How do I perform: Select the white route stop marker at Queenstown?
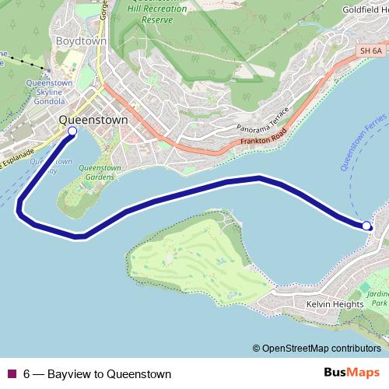pyautogui.click(x=72, y=131)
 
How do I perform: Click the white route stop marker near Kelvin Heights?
pyautogui.click(x=366, y=226)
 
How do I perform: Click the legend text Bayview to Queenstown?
pyautogui.click(x=97, y=373)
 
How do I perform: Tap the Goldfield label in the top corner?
pyautogui.click(x=365, y=10)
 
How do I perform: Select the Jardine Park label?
pyautogui.click(x=378, y=297)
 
